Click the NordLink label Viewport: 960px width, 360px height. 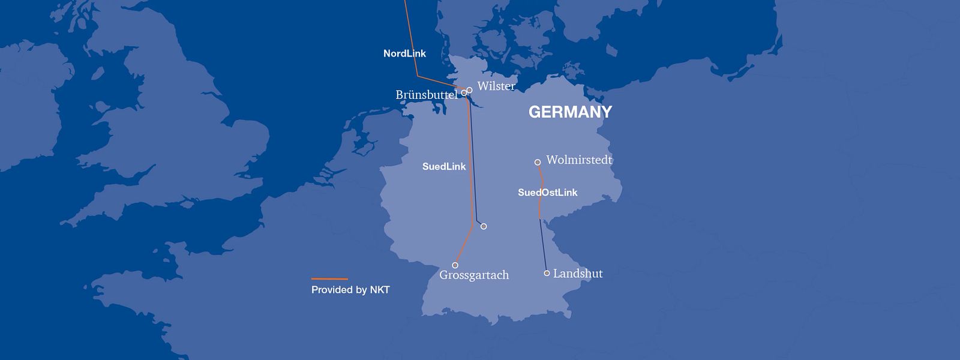(x=404, y=53)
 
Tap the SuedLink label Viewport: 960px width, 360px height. (x=444, y=166)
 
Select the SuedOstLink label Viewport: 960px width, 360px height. (x=547, y=193)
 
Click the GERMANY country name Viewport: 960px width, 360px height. (x=570, y=112)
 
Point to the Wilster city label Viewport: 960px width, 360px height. (x=496, y=86)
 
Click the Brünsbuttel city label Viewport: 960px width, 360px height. (x=426, y=95)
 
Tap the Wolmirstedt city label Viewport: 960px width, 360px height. (x=579, y=160)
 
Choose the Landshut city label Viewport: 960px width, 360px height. (x=578, y=274)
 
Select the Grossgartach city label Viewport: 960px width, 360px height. (x=474, y=275)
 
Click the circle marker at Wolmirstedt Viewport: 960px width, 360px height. (x=538, y=162)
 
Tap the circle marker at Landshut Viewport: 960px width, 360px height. (x=547, y=273)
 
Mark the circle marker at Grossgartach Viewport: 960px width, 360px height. (x=455, y=265)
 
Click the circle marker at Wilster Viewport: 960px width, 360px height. (x=469, y=90)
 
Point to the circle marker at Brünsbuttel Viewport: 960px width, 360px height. (x=464, y=93)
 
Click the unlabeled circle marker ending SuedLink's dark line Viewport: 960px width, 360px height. (x=484, y=226)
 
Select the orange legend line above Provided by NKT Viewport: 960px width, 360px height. (x=329, y=279)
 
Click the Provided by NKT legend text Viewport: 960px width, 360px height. (x=350, y=290)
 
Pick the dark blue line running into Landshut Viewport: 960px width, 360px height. (x=544, y=246)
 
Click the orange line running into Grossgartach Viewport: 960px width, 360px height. (x=463, y=246)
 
